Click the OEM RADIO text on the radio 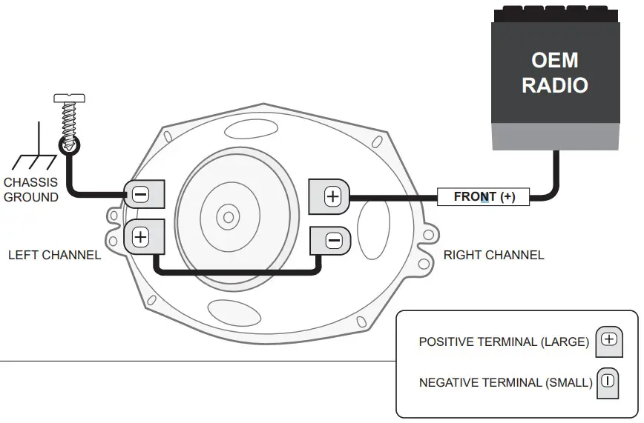click(x=554, y=73)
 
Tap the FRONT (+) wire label click(x=484, y=197)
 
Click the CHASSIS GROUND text click(x=30, y=190)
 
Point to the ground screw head click(x=70, y=98)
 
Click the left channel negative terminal click(x=139, y=195)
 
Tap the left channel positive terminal click(x=139, y=237)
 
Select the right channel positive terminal click(x=332, y=196)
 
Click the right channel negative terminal click(x=333, y=240)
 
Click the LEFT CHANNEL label click(x=54, y=256)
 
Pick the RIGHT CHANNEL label click(x=493, y=256)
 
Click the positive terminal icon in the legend click(x=609, y=340)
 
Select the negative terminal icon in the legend click(x=608, y=381)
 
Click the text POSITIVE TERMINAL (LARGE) click(x=504, y=342)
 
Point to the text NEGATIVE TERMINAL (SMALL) click(x=505, y=383)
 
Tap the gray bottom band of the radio click(x=554, y=137)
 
